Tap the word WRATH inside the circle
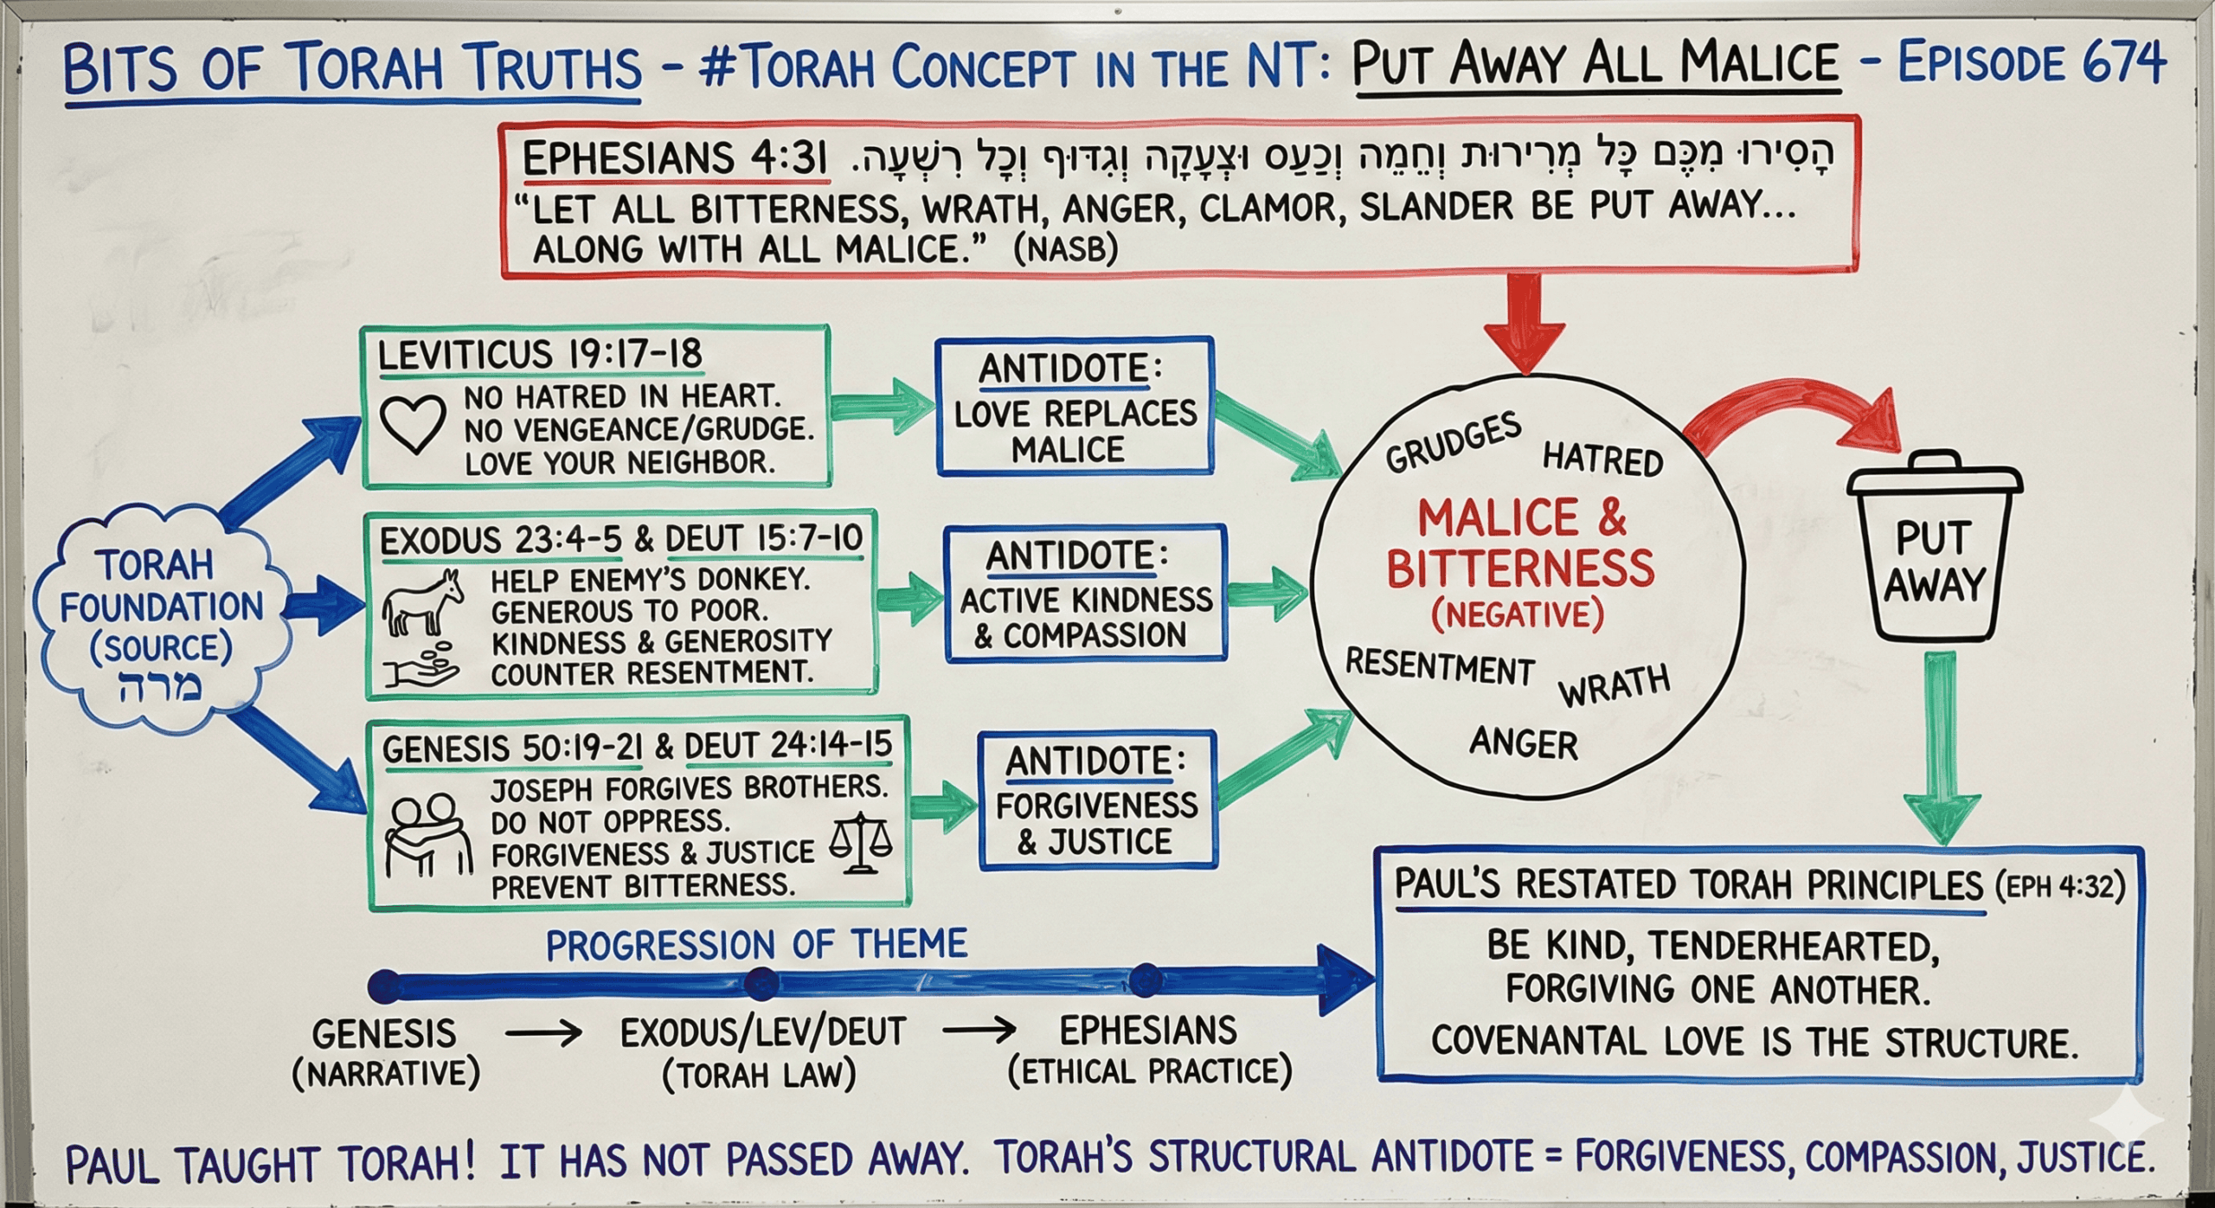pos(1615,686)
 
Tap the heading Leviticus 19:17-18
pos(540,355)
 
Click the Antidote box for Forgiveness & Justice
pos(1096,800)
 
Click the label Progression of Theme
pos(756,944)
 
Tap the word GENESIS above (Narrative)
pos(384,1034)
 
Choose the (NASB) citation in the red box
pos(1065,249)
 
